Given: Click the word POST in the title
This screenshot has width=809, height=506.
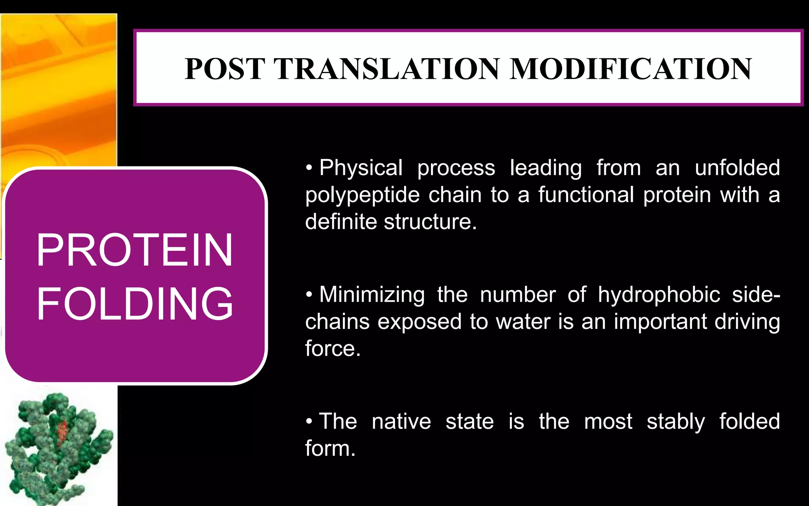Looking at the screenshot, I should point(224,69).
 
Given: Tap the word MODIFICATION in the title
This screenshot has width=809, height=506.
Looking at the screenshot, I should point(630,69).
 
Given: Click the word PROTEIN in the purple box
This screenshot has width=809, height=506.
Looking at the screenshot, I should point(134,250).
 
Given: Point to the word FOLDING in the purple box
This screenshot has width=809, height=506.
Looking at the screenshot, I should point(134,304).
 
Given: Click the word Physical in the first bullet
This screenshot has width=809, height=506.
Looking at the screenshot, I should point(361,168).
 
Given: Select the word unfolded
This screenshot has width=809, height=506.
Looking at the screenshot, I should point(737,168).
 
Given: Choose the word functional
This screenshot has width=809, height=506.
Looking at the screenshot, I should point(586,195).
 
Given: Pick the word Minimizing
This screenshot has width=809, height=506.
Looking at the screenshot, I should point(372,295).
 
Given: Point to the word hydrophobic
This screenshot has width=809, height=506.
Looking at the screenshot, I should point(658,295).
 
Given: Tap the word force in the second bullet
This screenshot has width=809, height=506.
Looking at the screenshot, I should point(332,349).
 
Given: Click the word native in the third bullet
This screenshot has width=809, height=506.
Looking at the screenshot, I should point(401,422).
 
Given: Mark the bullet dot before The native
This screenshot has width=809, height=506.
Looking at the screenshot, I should point(309,421).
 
